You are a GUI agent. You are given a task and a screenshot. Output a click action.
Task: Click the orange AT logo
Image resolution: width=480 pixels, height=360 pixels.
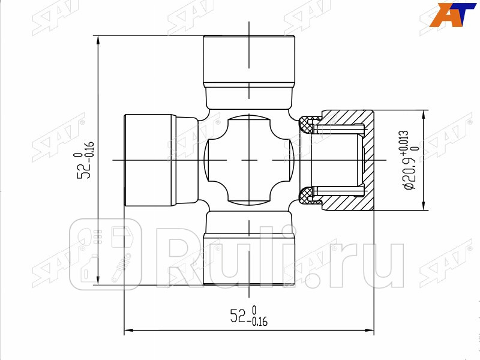[454, 14]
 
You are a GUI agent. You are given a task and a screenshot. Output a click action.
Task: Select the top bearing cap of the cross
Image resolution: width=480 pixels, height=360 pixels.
[249, 60]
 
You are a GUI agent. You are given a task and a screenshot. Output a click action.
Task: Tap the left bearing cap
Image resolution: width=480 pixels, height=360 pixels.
[150, 160]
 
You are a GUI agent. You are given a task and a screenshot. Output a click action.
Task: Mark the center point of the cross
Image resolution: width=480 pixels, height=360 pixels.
[249, 160]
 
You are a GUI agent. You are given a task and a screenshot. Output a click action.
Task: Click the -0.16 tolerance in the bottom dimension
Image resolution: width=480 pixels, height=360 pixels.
[259, 322]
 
